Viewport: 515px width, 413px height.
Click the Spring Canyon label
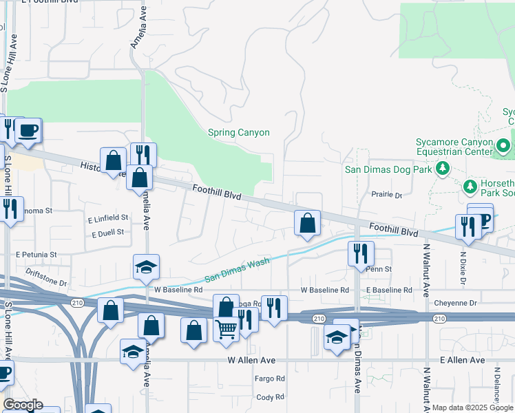click(238, 132)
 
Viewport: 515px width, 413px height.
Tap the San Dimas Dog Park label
click(388, 169)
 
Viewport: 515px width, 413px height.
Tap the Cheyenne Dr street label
click(455, 303)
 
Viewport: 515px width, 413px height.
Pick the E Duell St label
click(107, 233)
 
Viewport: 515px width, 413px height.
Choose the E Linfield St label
click(108, 218)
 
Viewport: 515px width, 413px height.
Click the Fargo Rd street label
click(270, 379)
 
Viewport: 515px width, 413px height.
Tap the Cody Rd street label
click(270, 397)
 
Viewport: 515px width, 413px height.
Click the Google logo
click(23, 405)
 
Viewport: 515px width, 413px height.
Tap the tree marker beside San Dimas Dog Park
click(444, 168)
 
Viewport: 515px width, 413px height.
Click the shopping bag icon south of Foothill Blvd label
click(307, 223)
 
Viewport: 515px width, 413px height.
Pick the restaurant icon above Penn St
click(360, 253)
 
